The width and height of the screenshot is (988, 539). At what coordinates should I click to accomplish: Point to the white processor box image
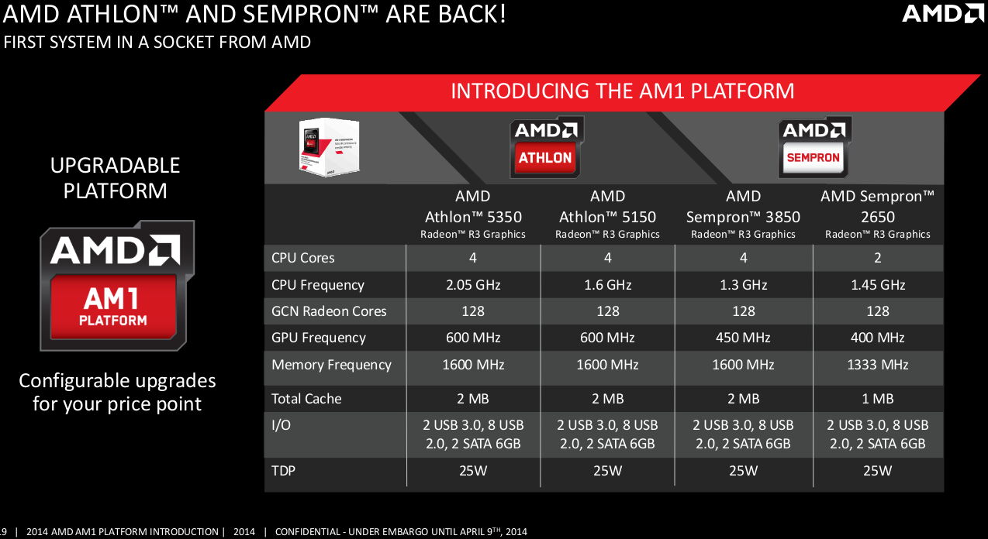click(325, 145)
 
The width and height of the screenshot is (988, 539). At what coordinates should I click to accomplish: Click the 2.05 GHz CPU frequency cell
click(473, 285)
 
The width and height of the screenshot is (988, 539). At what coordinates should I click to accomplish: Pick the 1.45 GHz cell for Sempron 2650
click(878, 285)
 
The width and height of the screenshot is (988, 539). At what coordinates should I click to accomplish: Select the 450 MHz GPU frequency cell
click(743, 338)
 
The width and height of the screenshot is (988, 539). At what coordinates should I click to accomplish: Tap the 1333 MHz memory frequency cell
click(878, 365)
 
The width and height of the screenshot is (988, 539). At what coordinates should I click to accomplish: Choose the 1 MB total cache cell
click(878, 399)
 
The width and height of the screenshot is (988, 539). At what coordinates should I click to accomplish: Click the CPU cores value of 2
click(878, 258)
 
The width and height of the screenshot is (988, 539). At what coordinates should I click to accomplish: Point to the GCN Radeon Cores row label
click(329, 311)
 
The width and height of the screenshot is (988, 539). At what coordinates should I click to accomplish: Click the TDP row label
click(284, 470)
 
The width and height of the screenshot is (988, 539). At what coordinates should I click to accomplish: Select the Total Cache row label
click(306, 399)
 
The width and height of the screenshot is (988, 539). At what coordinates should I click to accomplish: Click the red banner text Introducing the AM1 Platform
click(623, 91)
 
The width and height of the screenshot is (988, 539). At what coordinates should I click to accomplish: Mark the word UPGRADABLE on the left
click(115, 166)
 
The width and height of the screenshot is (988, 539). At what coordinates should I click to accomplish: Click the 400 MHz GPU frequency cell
click(878, 338)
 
